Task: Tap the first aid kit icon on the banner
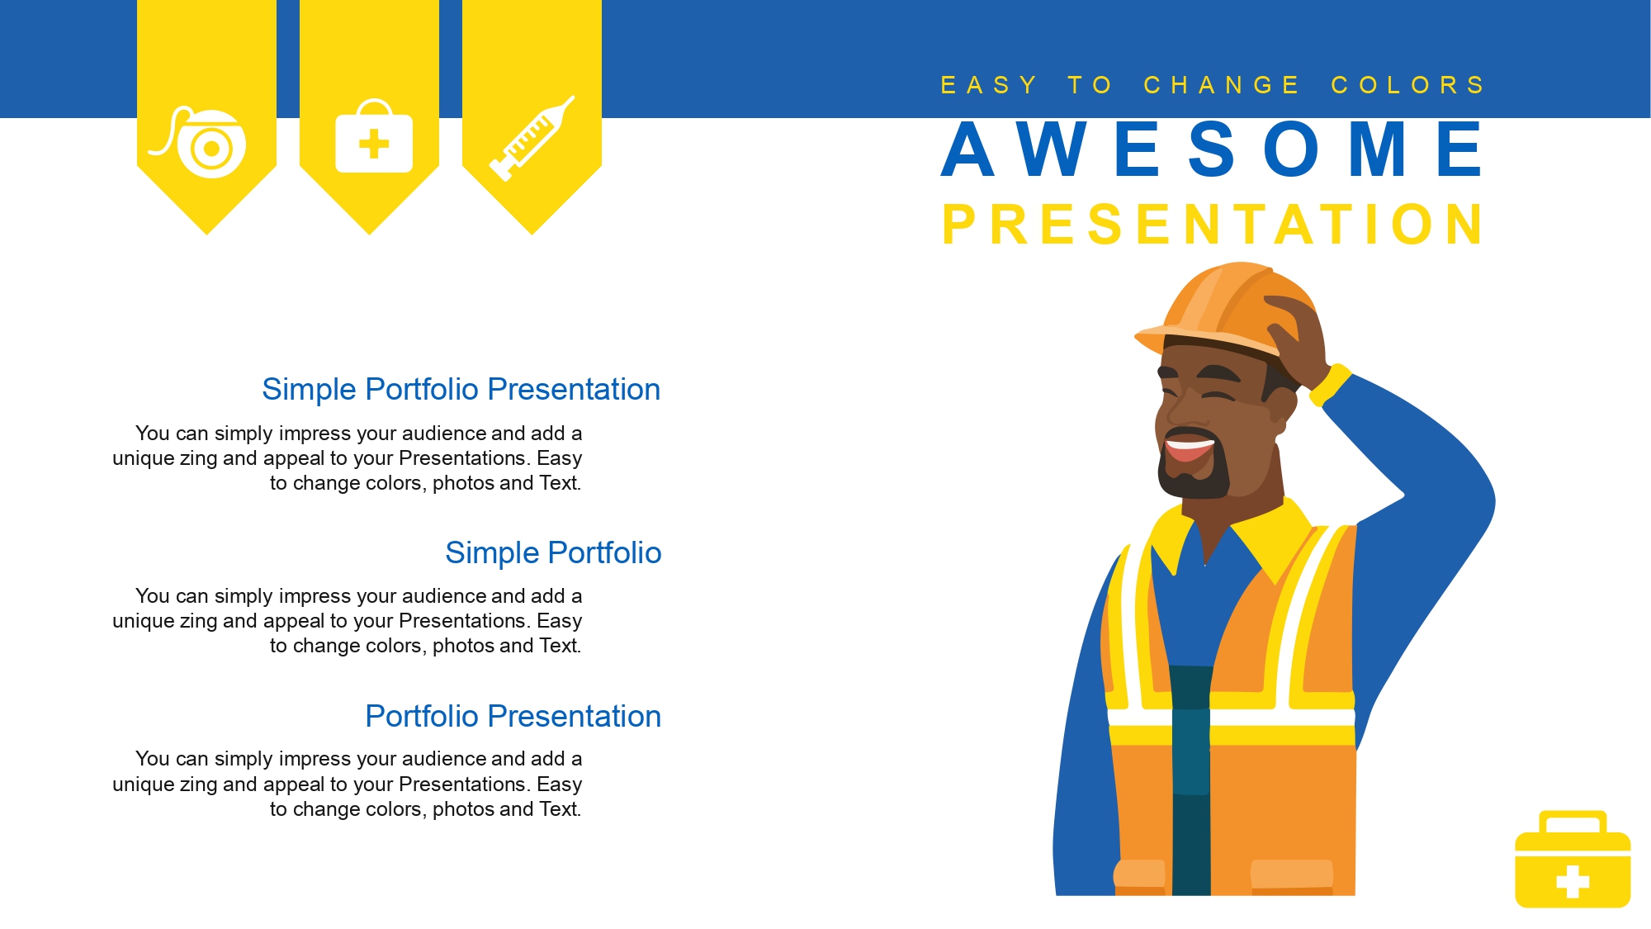374,136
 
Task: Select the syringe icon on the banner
532,138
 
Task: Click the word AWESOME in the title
1212,149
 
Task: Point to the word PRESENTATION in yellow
1212,224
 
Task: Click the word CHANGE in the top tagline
1222,85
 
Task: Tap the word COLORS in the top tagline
1407,85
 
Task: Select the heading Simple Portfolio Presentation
461,389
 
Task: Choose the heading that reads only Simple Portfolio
553,552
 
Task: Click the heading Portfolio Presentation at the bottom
513,716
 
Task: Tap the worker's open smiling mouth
1189,448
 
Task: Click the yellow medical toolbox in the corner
1573,859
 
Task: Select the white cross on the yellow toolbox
1573,881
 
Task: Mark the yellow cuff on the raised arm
1330,385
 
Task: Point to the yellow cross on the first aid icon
374,144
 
